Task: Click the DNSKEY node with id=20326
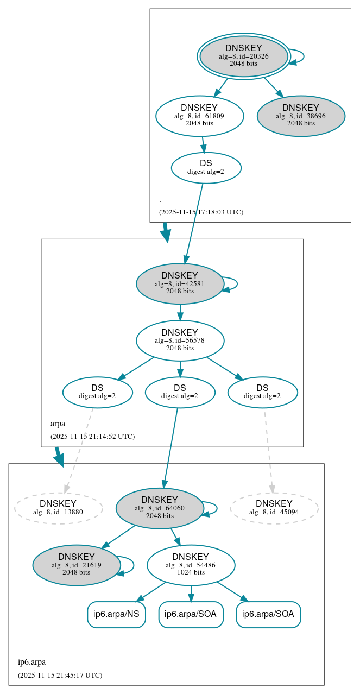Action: click(x=244, y=56)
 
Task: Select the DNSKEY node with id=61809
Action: click(x=199, y=116)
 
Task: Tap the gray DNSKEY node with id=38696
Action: click(x=301, y=116)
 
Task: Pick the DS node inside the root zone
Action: click(x=206, y=167)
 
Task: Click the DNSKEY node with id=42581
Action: click(x=180, y=283)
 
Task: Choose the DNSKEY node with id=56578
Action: click(x=180, y=340)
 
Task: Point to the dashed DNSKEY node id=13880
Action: click(x=58, y=508)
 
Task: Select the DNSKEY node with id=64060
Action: click(x=160, y=508)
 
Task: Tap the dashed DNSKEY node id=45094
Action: click(x=274, y=508)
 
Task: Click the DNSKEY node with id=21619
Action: click(x=77, y=565)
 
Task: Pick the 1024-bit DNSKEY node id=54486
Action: click(x=191, y=565)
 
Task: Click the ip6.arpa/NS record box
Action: click(x=116, y=614)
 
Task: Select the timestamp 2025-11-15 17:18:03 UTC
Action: click(x=201, y=212)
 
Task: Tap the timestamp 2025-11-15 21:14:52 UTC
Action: click(x=92, y=437)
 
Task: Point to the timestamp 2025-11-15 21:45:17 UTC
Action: click(x=60, y=676)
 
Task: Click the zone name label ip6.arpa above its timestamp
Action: click(x=31, y=662)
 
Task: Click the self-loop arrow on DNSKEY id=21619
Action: click(x=128, y=565)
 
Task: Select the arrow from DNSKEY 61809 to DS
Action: click(x=203, y=144)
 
